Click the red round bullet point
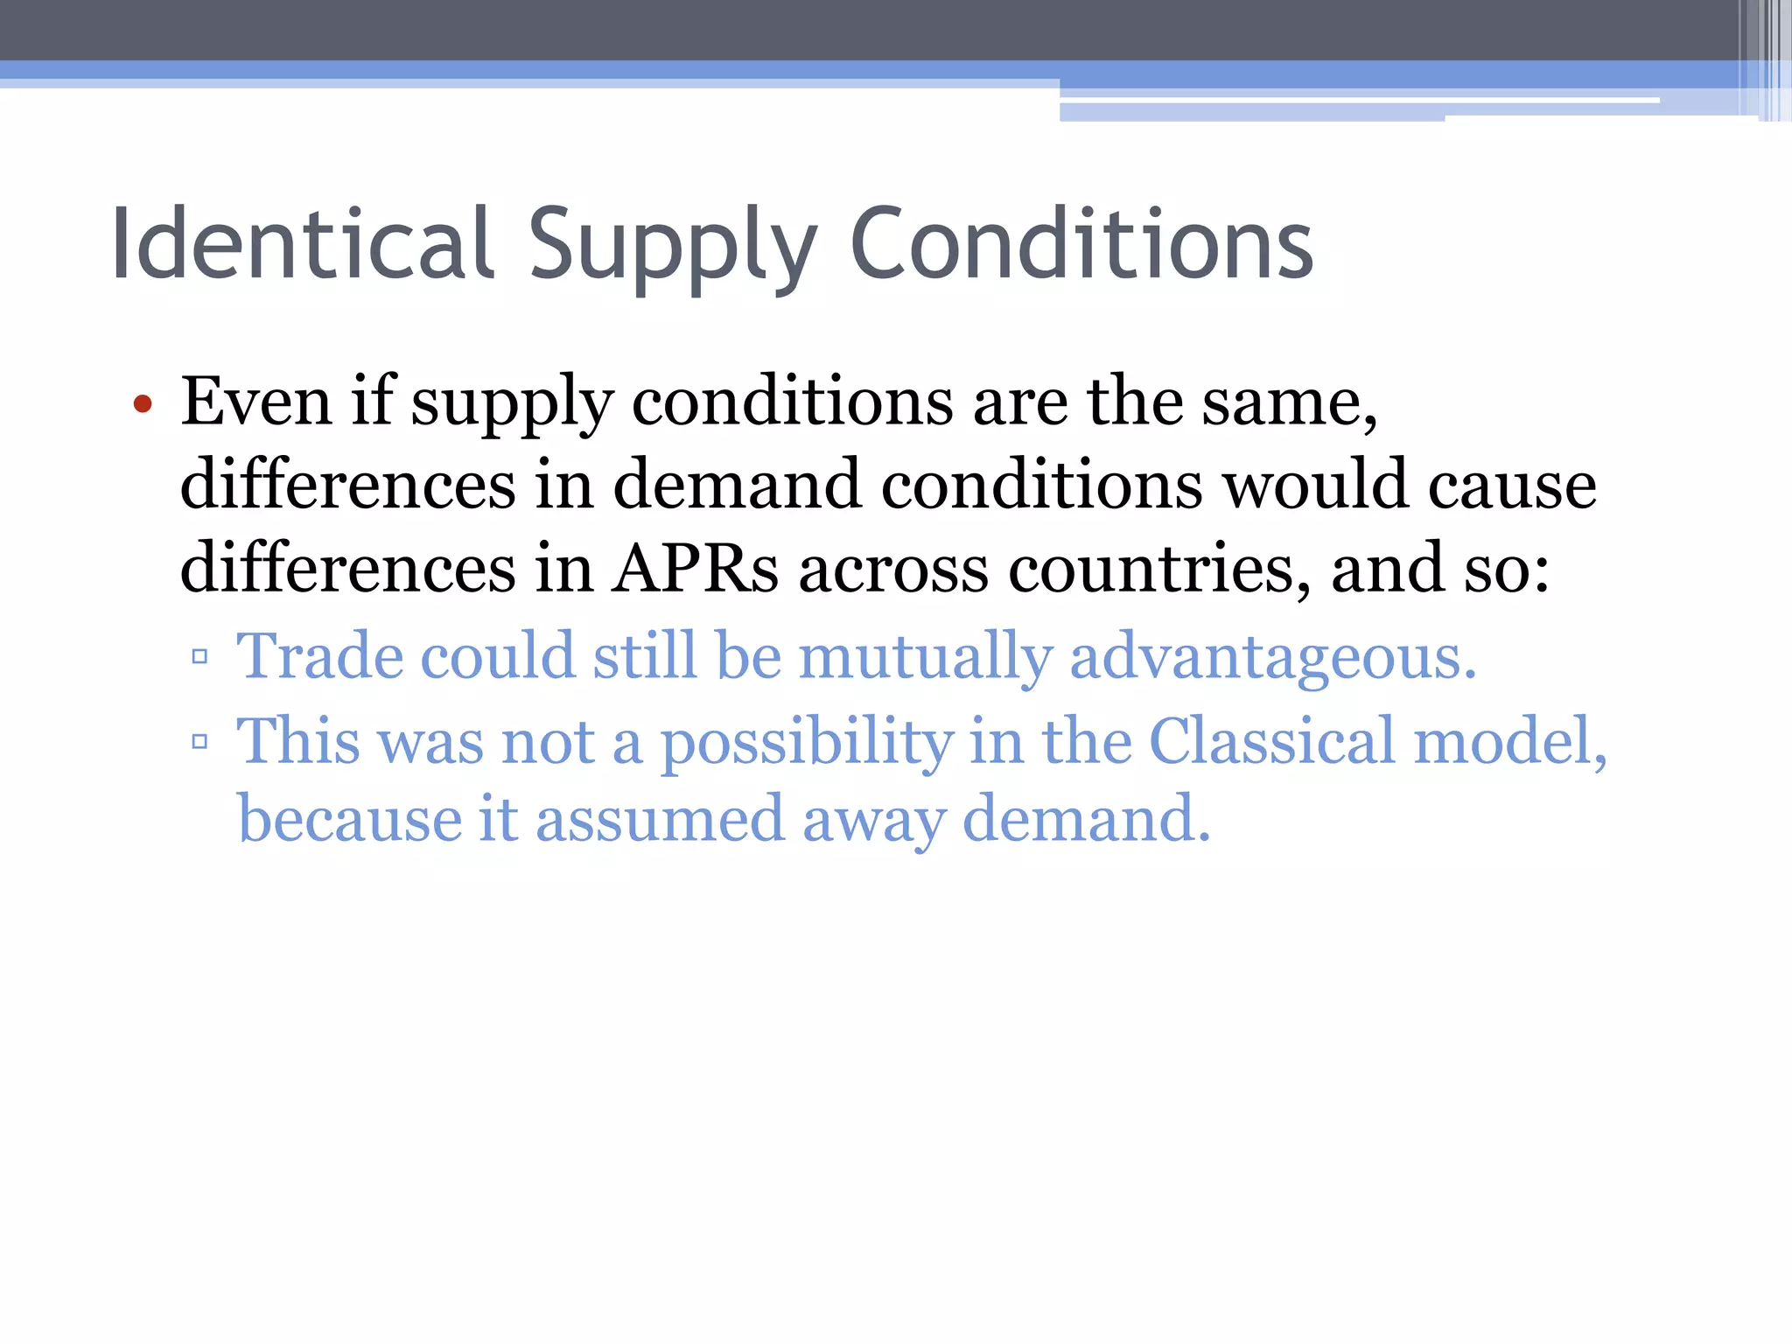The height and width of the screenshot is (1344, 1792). pos(143,404)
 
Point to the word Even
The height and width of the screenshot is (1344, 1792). pos(256,402)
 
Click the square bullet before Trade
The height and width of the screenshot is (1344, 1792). pos(199,656)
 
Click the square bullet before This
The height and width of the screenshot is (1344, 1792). pos(199,742)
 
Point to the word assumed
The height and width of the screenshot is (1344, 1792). pos(660,819)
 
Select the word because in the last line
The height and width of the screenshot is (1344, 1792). pos(349,819)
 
